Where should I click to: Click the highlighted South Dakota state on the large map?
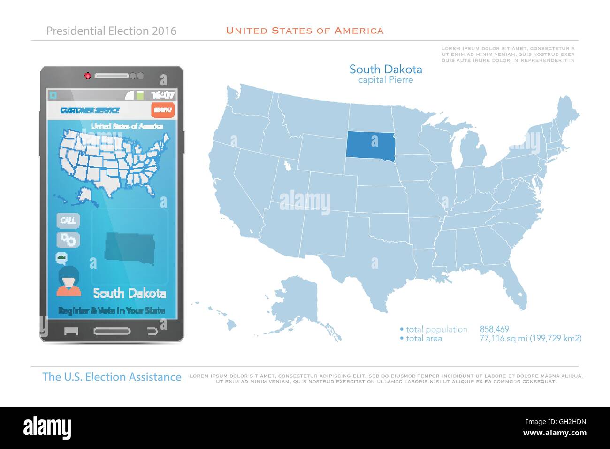(x=369, y=144)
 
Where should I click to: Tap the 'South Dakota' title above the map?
(x=385, y=70)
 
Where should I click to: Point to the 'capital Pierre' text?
(x=385, y=80)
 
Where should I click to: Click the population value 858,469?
(x=494, y=329)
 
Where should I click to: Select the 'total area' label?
(x=424, y=338)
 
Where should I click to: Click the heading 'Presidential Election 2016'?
(x=112, y=31)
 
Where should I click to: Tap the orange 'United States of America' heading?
(x=305, y=31)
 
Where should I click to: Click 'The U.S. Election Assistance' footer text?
(x=112, y=377)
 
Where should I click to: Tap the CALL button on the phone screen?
(x=69, y=220)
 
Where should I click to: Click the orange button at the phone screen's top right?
(x=163, y=110)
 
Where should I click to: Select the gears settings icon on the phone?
(x=69, y=240)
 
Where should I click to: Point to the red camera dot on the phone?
(x=87, y=76)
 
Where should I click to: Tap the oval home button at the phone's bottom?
(x=112, y=331)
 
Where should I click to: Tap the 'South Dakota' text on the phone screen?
(x=130, y=294)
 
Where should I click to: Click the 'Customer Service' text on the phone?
(x=90, y=110)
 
